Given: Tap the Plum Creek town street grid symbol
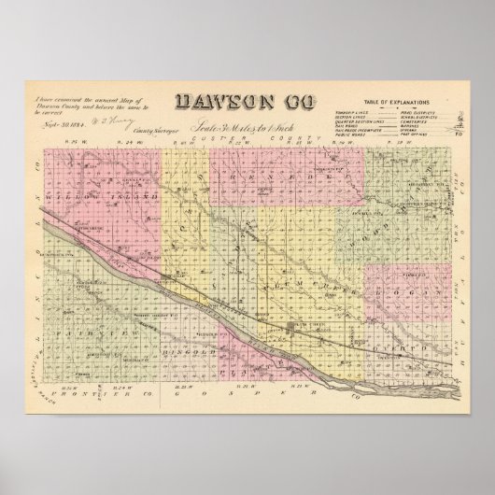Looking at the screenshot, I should (295, 326).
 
